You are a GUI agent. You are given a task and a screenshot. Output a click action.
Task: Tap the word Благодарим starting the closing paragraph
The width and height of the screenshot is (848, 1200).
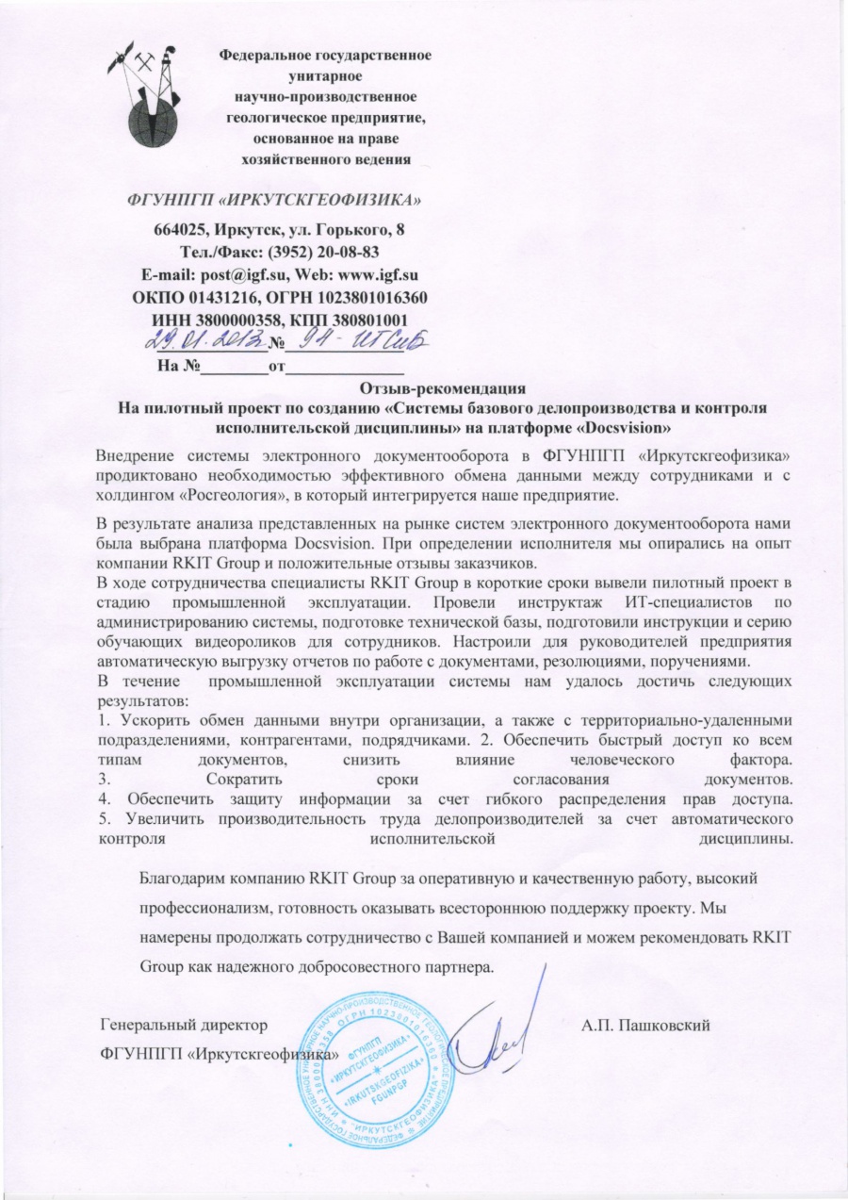pyautogui.click(x=185, y=878)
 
